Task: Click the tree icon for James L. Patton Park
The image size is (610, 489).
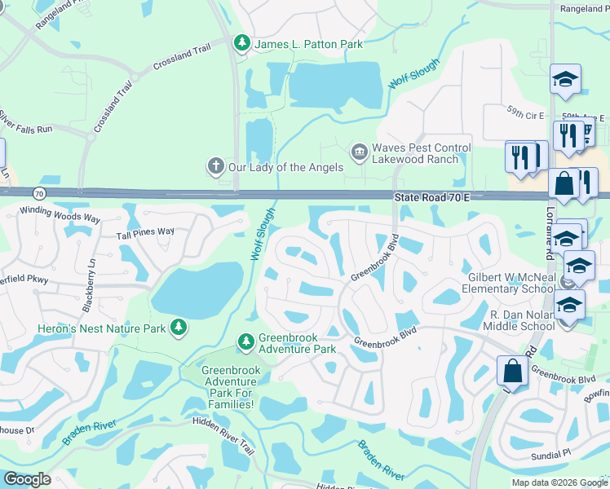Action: [241, 42]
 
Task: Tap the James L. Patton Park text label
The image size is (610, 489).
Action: [309, 44]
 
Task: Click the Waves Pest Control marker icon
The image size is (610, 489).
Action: [359, 152]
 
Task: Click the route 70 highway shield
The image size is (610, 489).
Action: [39, 193]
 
